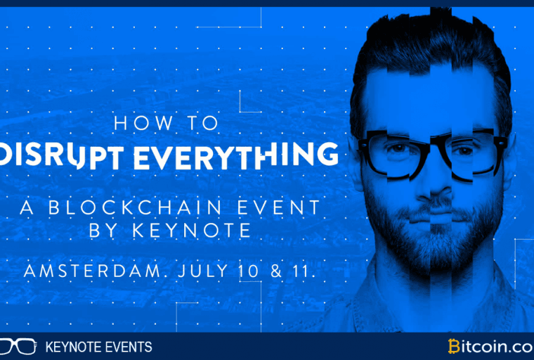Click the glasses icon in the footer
click(x=16, y=346)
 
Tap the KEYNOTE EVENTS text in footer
click(x=98, y=347)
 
